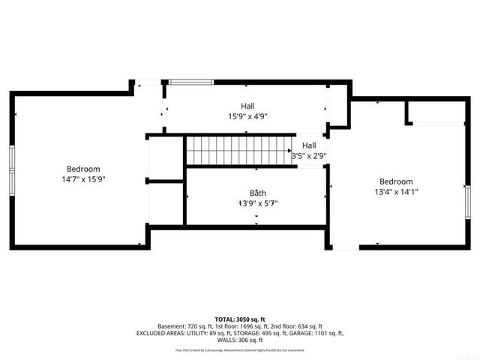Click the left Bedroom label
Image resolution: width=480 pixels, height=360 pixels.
point(82,169)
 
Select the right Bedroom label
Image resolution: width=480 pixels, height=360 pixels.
point(395,181)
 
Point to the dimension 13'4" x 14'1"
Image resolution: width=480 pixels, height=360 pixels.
point(395,192)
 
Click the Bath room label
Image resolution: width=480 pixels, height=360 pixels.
point(258,193)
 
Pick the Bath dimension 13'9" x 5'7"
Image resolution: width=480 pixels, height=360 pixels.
point(258,203)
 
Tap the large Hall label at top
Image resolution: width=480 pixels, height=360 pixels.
point(247,106)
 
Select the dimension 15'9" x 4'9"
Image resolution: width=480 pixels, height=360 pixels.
point(247,116)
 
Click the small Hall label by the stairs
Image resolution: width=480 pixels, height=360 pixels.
point(309,145)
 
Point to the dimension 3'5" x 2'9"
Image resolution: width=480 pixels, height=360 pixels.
point(309,156)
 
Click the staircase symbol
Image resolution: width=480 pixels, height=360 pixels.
point(238,149)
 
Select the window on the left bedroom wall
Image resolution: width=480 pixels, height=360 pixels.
point(11,169)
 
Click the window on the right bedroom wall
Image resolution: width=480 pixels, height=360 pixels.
point(466,202)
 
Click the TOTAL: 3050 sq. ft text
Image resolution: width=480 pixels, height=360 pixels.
point(240,319)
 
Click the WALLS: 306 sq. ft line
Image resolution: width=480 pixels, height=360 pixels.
point(240,340)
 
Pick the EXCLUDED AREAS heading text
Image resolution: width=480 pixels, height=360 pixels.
point(162,333)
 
